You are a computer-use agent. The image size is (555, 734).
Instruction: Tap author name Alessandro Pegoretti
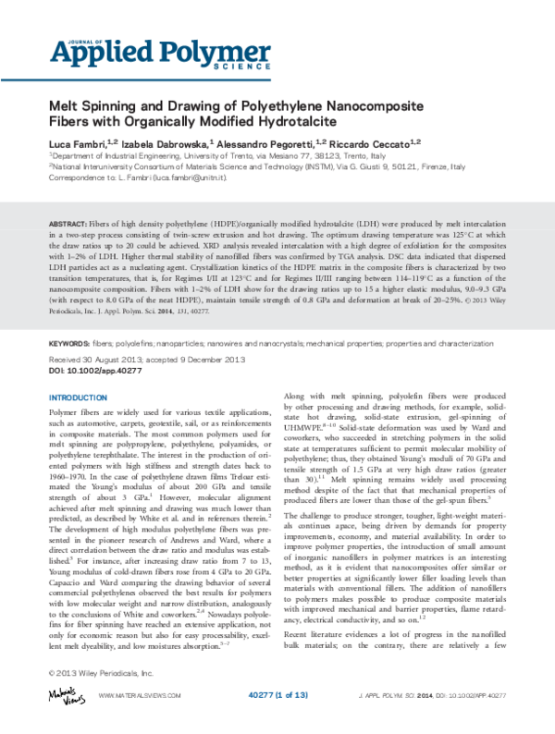268,144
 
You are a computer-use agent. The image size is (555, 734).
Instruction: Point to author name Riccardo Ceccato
374,144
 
